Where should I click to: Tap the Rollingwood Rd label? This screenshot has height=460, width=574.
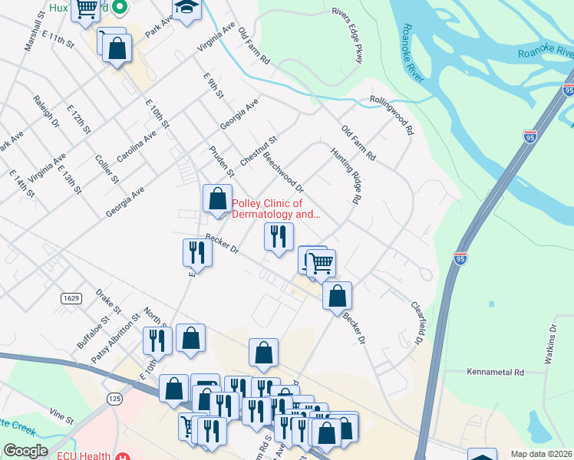(x=391, y=113)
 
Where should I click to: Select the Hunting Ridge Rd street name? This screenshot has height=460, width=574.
(x=345, y=176)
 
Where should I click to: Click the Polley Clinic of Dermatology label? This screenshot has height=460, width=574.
(x=274, y=209)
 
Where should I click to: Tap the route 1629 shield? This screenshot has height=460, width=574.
(x=71, y=297)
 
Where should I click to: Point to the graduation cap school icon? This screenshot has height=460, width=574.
(x=186, y=9)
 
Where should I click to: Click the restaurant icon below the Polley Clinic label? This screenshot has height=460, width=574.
(x=279, y=236)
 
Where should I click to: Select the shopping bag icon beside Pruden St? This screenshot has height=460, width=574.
(x=217, y=199)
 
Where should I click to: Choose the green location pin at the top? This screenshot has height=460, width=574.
(x=119, y=8)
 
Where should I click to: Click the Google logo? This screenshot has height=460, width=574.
(x=25, y=451)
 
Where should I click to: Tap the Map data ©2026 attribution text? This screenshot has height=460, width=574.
(x=542, y=454)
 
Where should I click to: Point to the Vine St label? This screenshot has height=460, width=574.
(x=61, y=420)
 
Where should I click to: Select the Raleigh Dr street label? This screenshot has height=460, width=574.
(x=46, y=112)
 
